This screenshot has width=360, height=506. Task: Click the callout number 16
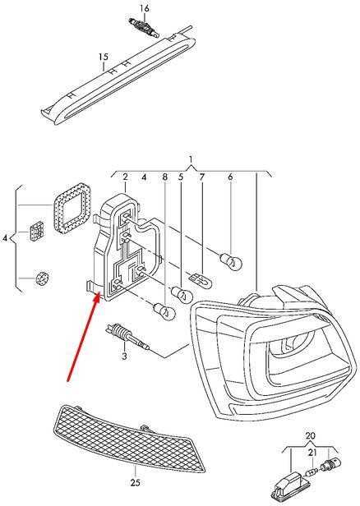coord(145,8)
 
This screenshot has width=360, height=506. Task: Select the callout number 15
coord(104,57)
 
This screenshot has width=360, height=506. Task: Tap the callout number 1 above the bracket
coord(191,159)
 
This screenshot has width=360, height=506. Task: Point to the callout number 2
coord(125,177)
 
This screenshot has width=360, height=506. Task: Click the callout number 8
coord(165,177)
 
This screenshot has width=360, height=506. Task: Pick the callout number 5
coord(181,177)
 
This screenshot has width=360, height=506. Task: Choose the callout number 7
coord(202,177)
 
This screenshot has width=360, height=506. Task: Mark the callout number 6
coord(230,177)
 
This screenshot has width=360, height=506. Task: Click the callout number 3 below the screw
coord(125,356)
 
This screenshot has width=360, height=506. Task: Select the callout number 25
coord(136,483)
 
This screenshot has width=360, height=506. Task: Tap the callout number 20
coord(310,436)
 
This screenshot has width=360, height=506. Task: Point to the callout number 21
coord(312,453)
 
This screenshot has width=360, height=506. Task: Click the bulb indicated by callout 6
coord(230,260)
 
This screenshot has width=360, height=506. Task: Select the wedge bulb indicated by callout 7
coord(201,278)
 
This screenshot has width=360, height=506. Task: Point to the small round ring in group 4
coord(41,278)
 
